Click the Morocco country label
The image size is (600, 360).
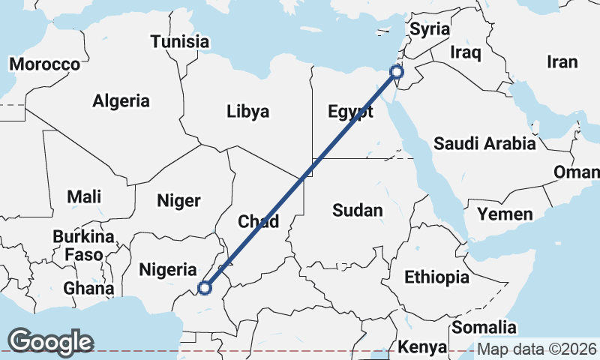pos(45,64)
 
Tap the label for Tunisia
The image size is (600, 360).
pos(179,42)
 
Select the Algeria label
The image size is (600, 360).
pos(121,101)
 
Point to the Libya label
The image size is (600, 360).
pos(247,112)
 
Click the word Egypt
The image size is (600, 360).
pos(350,113)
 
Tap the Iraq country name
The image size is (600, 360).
pos(464,52)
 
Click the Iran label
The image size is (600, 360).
pos(562,62)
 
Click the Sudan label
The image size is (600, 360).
pos(358,211)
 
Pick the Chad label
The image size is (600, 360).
pos(258,221)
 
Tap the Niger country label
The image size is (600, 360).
pos(178,200)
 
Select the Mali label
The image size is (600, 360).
pos(84,197)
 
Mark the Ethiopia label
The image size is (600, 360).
pos(436,277)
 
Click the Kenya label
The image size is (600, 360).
pos(422,347)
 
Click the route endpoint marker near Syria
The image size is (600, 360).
pos(397,72)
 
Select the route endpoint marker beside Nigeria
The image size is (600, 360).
pos(204,286)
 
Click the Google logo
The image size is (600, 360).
pos(51,342)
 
